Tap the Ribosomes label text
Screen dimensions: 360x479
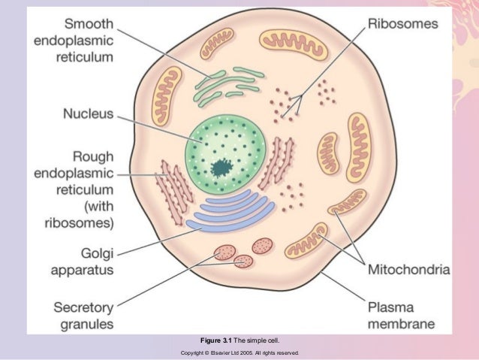pos(402,23)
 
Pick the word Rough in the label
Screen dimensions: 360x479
pos(92,156)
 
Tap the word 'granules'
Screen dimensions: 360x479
pos(88,325)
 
